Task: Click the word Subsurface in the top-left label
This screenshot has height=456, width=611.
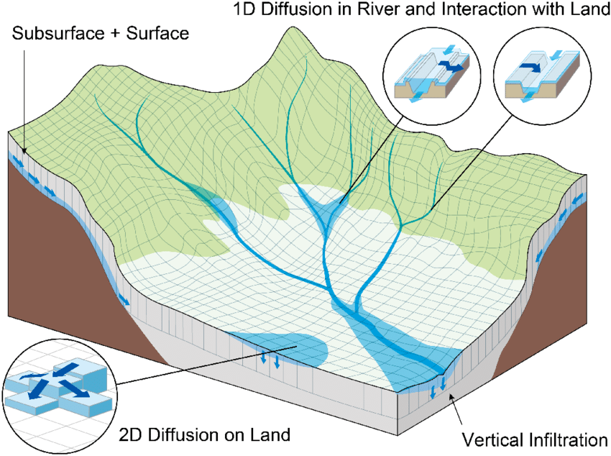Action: (x=58, y=33)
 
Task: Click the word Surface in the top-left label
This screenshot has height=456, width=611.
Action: (x=157, y=33)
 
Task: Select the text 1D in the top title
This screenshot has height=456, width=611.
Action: (x=245, y=9)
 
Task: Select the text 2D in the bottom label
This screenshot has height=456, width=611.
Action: (x=130, y=434)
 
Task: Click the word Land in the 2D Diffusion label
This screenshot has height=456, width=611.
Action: (x=270, y=434)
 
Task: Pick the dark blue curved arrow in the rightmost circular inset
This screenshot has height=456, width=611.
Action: (x=531, y=66)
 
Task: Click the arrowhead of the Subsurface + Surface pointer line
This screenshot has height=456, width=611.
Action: (x=24, y=151)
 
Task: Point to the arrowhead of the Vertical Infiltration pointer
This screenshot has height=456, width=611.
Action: (x=451, y=397)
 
